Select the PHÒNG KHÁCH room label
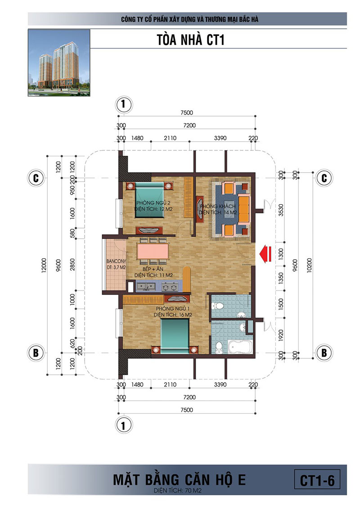coord(218,206)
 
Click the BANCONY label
coord(116,261)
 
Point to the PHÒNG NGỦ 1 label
coord(173,308)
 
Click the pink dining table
coord(153,251)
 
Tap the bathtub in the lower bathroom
coord(240,347)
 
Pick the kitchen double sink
coord(146,286)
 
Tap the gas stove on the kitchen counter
coord(170,287)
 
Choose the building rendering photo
coord(59,63)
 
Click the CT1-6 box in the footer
coord(317,480)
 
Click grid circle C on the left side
coord(36,178)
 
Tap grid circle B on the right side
coord(324,353)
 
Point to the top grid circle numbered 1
coord(123,104)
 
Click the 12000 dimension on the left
coord(44,266)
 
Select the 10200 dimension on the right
coord(309,266)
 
